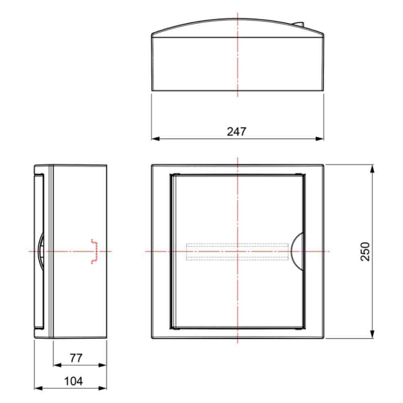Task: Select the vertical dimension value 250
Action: [x=365, y=251]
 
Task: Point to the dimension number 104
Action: [x=73, y=381]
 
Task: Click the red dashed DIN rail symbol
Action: [x=95, y=251]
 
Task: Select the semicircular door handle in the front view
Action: [x=298, y=251]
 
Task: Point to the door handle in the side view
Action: [x=41, y=251]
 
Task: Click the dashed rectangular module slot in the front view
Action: [x=237, y=251]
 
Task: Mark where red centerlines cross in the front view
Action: [x=238, y=251]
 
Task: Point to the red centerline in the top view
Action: [x=238, y=60]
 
